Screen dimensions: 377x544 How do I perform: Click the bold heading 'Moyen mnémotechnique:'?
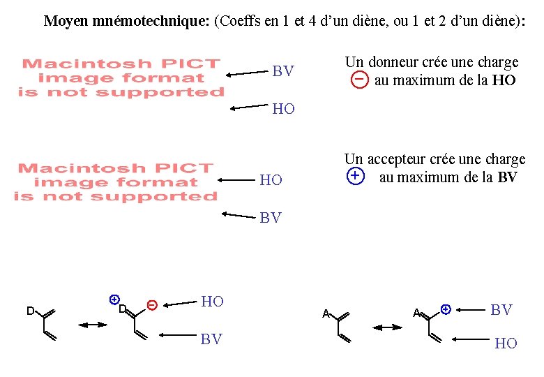(127, 20)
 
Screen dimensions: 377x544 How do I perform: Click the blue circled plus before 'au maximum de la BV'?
(355, 176)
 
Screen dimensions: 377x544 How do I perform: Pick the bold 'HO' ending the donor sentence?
(504, 80)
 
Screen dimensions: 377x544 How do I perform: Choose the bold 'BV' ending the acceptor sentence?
(507, 177)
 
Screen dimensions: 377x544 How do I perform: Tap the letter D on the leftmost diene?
(31, 310)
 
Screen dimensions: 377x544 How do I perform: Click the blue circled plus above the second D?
(114, 299)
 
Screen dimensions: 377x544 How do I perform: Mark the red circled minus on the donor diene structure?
(151, 304)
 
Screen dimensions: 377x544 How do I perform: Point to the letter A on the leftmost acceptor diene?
(326, 313)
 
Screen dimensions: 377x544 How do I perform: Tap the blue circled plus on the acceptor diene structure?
(446, 308)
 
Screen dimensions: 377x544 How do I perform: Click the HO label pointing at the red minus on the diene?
(212, 302)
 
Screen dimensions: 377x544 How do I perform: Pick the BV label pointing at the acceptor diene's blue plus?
(501, 309)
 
